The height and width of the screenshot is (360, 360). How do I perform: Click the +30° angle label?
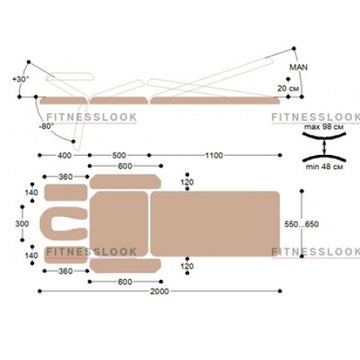click(x=21, y=79)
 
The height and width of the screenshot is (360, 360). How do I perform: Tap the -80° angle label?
click(x=46, y=126)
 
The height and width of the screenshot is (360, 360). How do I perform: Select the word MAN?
click(x=299, y=68)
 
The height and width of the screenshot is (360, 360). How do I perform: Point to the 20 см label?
click(x=288, y=88)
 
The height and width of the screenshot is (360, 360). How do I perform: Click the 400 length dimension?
click(x=64, y=156)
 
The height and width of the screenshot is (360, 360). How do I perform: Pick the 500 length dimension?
click(x=119, y=156)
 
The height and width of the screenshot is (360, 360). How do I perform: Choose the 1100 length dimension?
click(x=214, y=156)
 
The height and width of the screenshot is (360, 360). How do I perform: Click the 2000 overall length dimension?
click(x=160, y=292)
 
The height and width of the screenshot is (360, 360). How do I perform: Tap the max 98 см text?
click(x=323, y=127)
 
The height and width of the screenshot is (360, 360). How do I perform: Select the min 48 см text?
click(x=324, y=167)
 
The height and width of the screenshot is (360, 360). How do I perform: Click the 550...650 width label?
click(x=301, y=224)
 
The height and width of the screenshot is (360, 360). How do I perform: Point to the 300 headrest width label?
click(x=22, y=224)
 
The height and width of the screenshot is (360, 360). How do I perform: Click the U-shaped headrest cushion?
click(x=46, y=224)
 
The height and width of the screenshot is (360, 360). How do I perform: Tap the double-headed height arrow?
click(x=324, y=147)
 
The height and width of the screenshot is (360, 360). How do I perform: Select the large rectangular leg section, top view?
click(x=215, y=224)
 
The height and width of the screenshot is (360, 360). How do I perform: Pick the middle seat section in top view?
click(x=119, y=224)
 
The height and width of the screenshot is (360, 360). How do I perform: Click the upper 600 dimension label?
click(x=125, y=166)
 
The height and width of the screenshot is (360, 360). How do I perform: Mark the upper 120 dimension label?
click(x=188, y=182)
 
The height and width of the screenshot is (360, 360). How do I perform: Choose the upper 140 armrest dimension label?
click(x=32, y=192)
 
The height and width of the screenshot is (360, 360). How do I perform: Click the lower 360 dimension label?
click(x=65, y=271)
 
